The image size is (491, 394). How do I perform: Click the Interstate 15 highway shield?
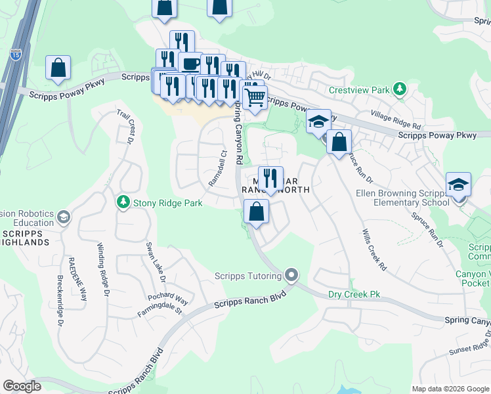point(16,55)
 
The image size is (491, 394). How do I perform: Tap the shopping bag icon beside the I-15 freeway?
point(58,68)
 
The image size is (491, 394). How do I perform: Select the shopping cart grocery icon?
point(255,98)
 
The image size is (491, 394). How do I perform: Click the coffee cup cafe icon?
point(190,64)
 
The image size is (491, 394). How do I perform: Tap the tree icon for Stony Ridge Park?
point(123,203)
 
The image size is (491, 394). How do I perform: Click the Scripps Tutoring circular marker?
point(291,276)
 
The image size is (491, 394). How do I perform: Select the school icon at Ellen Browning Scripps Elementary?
point(458,185)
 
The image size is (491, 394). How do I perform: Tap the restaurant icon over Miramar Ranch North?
point(270,178)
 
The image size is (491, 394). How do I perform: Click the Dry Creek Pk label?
point(354,295)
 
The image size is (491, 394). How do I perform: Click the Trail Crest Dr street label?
point(125,126)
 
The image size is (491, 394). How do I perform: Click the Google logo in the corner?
point(22,386)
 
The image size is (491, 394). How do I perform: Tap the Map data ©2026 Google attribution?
point(450,389)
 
